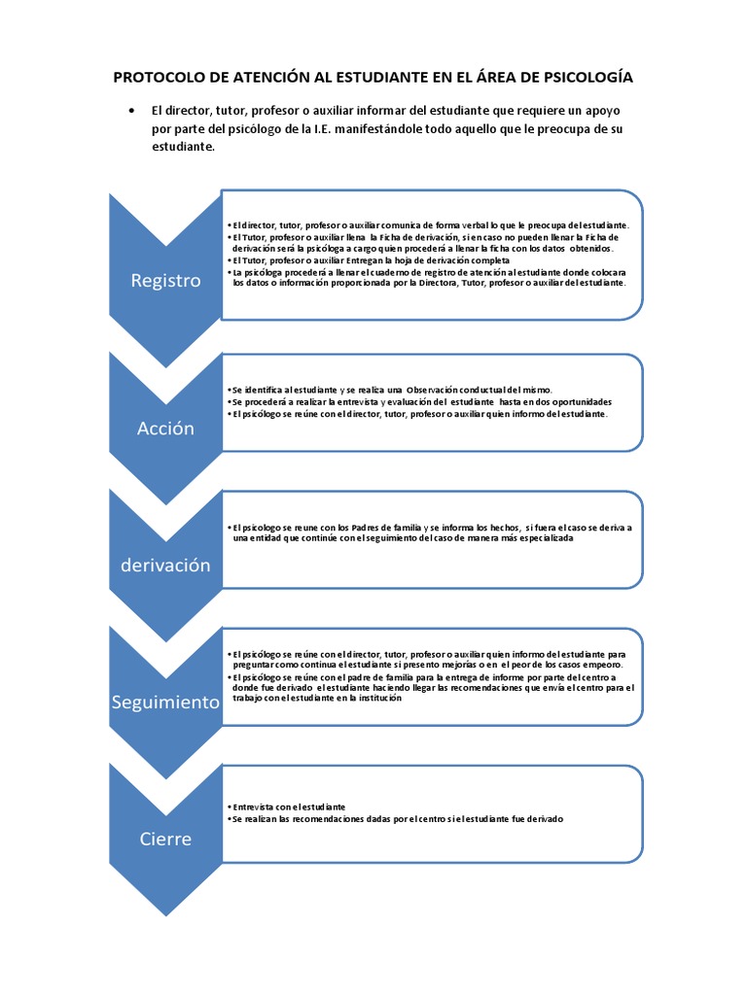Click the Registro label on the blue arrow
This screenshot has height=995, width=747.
pos(165,281)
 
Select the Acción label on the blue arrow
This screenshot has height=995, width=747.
pos(165,428)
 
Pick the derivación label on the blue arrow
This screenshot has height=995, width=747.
pos(165,565)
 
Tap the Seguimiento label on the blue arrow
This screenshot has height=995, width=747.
pos(165,702)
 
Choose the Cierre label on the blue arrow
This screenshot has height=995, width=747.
pos(165,839)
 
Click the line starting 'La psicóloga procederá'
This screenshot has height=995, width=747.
pos(428,273)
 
